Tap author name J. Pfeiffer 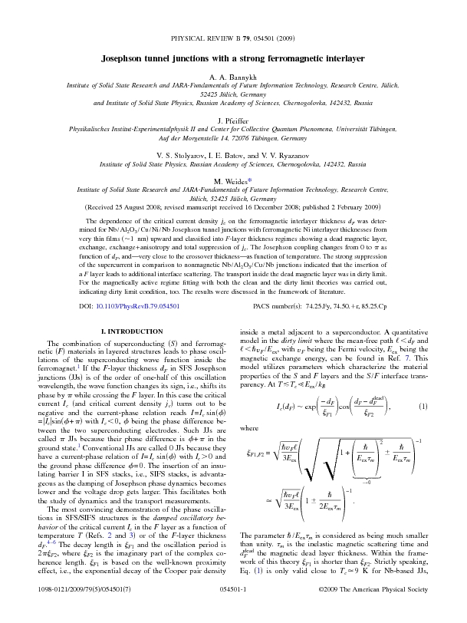[x=233, y=120]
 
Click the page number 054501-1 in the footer [x=233, y=609]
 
